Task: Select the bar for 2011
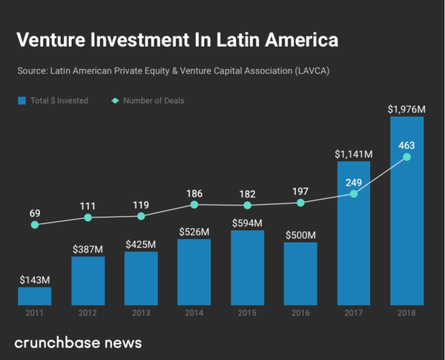(x=35, y=296)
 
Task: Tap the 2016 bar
(x=300, y=273)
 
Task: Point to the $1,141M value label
(x=353, y=154)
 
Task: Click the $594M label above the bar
(x=247, y=222)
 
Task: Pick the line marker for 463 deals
(x=406, y=157)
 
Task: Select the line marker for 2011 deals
(x=35, y=224)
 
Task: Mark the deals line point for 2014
(x=194, y=204)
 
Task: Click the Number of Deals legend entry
(x=148, y=101)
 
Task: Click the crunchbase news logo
(x=78, y=342)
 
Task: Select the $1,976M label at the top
(x=406, y=109)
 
